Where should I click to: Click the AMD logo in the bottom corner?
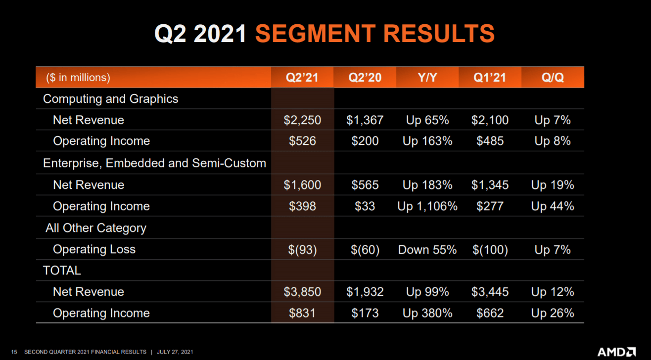(616, 352)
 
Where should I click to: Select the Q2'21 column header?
(302, 78)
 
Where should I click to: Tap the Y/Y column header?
(427, 78)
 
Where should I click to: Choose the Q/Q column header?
(553, 78)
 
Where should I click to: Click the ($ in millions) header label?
(78, 78)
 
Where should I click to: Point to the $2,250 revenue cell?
(302, 120)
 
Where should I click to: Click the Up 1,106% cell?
(427, 206)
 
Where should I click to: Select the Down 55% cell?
(427, 250)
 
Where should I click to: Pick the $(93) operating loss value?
(302, 250)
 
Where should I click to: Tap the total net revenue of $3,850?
(302, 292)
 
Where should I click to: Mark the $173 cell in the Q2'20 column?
(365, 313)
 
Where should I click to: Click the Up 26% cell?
(553, 313)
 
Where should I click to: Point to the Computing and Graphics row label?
(110, 99)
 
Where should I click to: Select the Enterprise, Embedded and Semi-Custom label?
(154, 163)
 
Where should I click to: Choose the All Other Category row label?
(96, 228)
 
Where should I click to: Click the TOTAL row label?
(62, 270)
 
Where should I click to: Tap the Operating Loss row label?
(94, 250)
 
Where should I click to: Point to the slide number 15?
(14, 352)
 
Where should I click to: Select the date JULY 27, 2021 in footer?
(175, 352)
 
